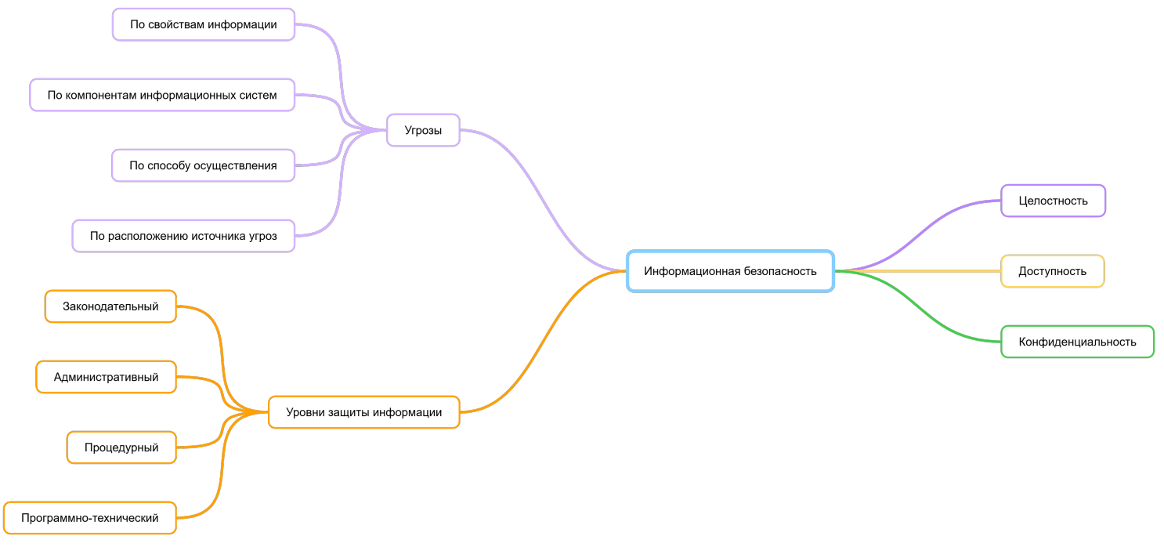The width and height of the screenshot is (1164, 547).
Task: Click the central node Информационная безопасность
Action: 730,271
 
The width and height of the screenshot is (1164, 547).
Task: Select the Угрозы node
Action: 423,130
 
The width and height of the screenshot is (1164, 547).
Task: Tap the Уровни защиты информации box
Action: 363,412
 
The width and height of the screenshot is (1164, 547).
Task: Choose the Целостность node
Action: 1053,201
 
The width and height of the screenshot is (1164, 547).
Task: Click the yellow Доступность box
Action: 1052,271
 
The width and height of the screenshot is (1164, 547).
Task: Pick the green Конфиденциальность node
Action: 1077,342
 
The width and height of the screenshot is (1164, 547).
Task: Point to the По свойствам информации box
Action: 203,24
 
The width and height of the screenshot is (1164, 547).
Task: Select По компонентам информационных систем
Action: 162,95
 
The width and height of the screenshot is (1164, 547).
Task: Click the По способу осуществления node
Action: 203,165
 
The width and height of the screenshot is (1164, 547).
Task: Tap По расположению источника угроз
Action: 183,236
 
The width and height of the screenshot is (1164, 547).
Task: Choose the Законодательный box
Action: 110,306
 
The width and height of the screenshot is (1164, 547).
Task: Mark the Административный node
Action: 106,377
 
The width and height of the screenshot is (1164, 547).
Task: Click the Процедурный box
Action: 121,447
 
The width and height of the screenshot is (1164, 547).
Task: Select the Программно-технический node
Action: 89,518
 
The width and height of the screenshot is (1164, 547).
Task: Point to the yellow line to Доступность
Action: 916,271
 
